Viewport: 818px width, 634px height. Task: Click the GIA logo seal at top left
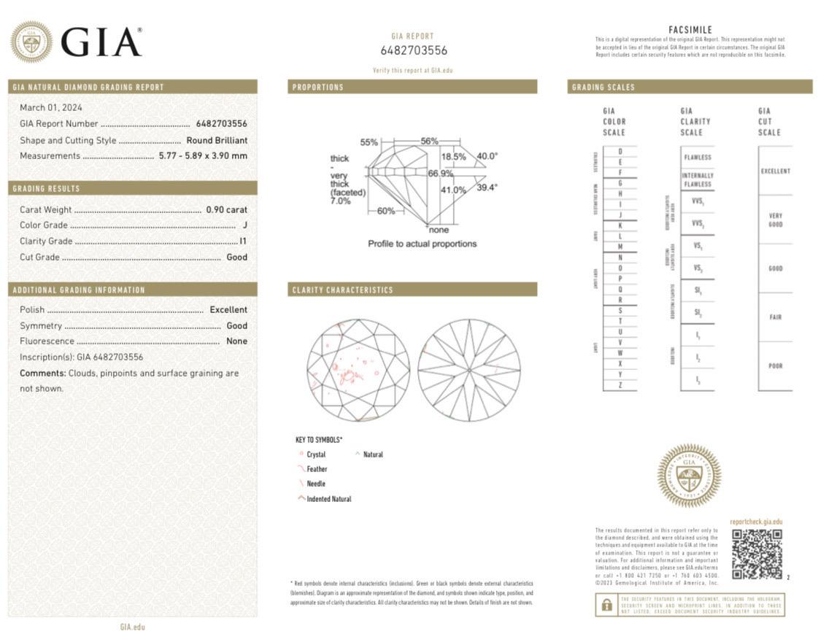(31, 42)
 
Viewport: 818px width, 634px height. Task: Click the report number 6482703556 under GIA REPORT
(413, 50)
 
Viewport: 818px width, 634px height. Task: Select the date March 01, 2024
(50, 107)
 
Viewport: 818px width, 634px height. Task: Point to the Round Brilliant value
(216, 140)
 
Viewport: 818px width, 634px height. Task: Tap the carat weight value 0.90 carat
(226, 209)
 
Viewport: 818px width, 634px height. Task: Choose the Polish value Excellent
(228, 309)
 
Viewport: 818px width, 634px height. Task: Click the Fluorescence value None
(236, 341)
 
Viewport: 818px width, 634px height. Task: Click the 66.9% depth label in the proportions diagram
(440, 174)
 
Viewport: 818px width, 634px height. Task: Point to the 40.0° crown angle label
(487, 156)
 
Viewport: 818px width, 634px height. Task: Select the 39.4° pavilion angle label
(487, 188)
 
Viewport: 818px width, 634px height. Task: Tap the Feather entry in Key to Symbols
(316, 469)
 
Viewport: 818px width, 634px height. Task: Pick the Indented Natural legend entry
(328, 499)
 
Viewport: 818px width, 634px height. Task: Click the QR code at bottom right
(756, 553)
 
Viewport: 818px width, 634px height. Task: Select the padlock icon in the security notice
(606, 606)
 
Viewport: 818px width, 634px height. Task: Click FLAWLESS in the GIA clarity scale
(697, 157)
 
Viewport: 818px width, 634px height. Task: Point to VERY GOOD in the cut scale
(775, 220)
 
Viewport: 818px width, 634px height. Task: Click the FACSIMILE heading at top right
(690, 30)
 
